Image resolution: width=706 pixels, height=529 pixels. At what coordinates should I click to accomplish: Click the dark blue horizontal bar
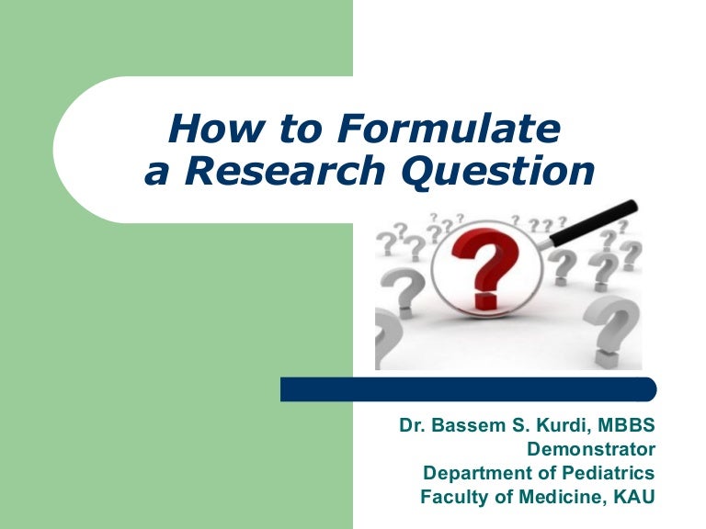468,388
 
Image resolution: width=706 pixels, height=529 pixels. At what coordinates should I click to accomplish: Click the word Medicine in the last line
562,498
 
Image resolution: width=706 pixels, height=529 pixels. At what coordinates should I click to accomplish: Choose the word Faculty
450,498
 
